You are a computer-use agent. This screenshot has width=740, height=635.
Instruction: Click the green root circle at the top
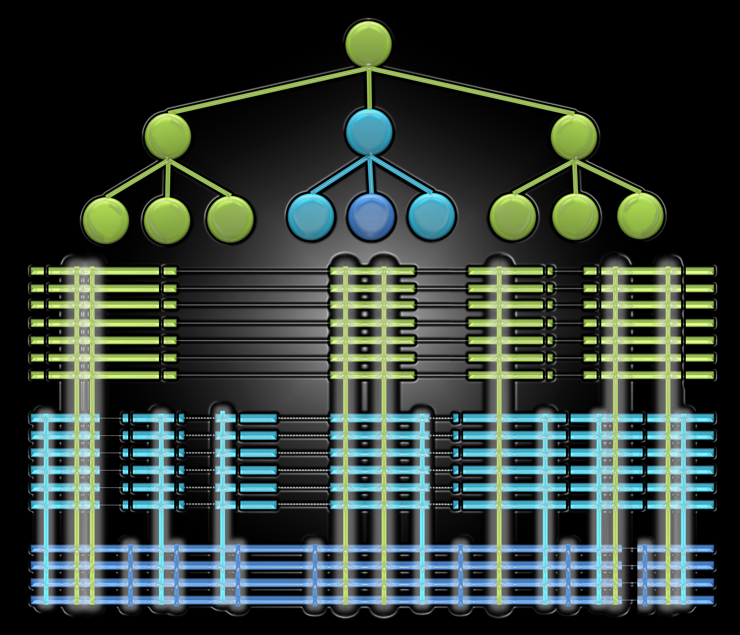pos(369,44)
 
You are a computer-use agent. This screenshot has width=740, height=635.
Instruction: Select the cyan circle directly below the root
pos(369,132)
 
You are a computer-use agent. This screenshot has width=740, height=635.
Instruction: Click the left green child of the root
pos(168,136)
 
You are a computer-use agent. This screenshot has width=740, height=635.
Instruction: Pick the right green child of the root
pos(574,137)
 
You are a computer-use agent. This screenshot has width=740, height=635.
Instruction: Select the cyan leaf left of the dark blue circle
pos(311,216)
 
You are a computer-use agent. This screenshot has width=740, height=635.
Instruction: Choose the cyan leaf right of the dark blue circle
pos(431,216)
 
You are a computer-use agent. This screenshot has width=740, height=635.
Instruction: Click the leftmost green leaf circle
pos(106,221)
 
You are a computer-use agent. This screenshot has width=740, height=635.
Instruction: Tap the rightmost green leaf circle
pos(640,215)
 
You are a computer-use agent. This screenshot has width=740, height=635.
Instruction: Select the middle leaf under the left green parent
pos(167,221)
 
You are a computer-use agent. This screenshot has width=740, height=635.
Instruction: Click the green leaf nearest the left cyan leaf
pos(230,219)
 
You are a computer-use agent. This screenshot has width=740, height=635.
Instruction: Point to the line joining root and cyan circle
pos(369,89)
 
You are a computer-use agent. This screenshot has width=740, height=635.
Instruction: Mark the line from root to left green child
pos(267,90)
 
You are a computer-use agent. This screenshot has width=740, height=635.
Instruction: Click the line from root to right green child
pos(472,90)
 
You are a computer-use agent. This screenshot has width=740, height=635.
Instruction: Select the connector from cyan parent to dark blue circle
pos(370,175)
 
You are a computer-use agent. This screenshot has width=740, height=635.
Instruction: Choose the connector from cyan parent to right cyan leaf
pos(401,175)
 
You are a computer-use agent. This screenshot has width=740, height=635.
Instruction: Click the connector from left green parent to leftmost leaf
pos(137,178)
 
